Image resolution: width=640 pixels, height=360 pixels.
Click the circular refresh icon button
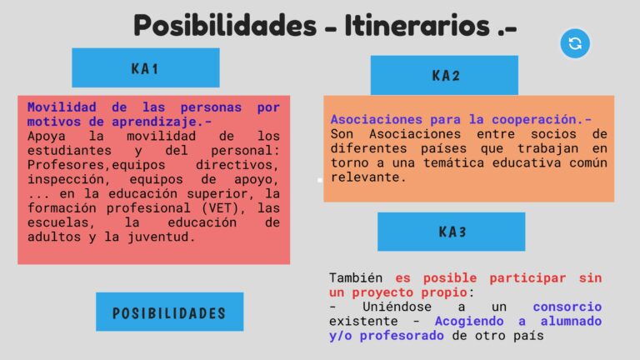pos(575,43)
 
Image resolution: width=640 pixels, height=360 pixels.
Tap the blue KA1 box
pos(146,67)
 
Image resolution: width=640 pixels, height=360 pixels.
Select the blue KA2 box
pos(444,76)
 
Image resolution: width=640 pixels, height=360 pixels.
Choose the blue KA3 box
pos(452,232)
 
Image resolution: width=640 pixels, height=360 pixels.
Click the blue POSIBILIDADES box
pos(170,312)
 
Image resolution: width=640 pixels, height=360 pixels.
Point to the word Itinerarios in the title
pos(417,25)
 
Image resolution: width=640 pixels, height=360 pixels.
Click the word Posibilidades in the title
pos(225,25)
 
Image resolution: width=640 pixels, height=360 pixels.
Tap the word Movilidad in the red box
pos(62,107)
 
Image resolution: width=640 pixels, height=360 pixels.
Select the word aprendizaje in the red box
pos(154,122)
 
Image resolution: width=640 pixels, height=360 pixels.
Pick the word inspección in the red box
pos(65,179)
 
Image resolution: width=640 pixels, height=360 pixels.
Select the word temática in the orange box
pos(454,162)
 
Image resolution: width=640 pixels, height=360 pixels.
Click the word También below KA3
pos(356,277)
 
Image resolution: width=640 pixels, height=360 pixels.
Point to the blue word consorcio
pos(567,307)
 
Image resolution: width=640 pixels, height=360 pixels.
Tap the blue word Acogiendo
pos(469,321)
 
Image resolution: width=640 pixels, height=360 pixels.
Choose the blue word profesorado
pos(402,336)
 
